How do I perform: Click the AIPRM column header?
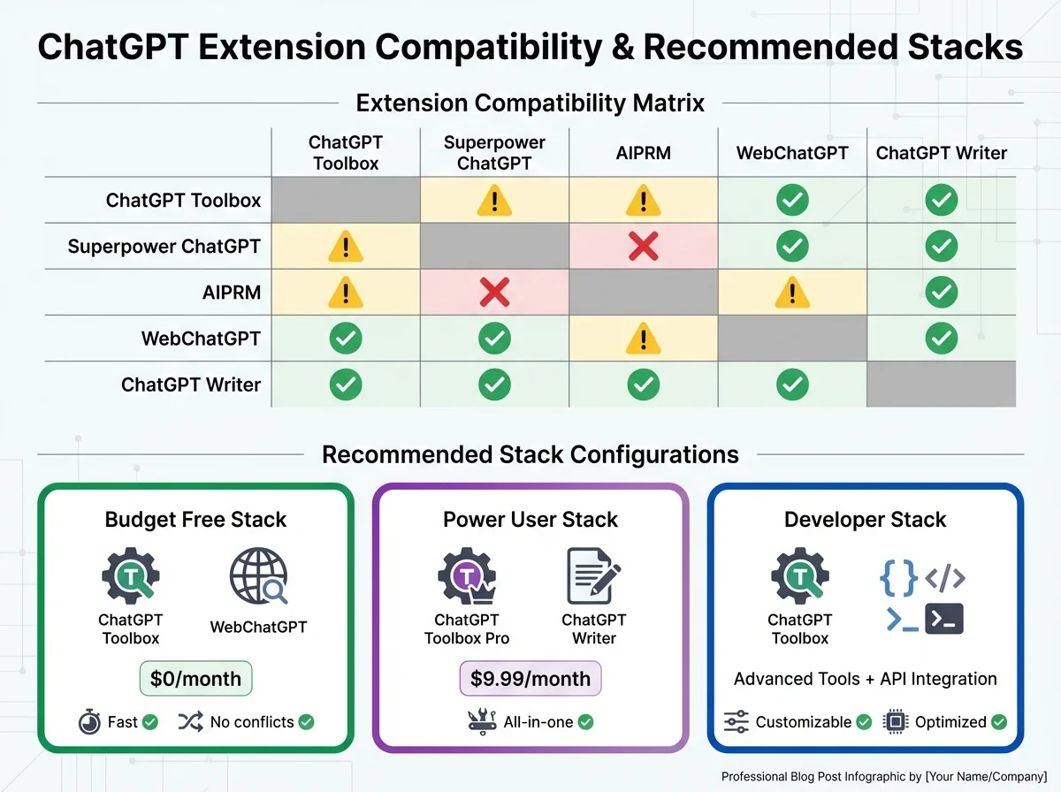pyautogui.click(x=643, y=153)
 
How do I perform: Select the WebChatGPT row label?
pyautogui.click(x=201, y=339)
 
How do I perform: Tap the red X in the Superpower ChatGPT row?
pyautogui.click(x=643, y=247)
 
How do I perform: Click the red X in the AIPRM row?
pyautogui.click(x=494, y=293)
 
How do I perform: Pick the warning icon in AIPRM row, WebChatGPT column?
pyautogui.click(x=792, y=293)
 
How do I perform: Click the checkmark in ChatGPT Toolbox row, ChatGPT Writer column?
pyautogui.click(x=941, y=201)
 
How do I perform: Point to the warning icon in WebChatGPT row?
pyautogui.click(x=643, y=339)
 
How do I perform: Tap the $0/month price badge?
pyautogui.click(x=195, y=679)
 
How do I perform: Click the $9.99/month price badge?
pyautogui.click(x=530, y=679)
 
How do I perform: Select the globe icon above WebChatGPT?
pyautogui.click(x=258, y=577)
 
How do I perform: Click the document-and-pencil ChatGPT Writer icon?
pyautogui.click(x=593, y=575)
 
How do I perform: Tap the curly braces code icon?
pyautogui.click(x=898, y=579)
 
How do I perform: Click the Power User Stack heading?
pyautogui.click(x=530, y=520)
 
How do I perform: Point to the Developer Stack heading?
pyautogui.click(x=865, y=520)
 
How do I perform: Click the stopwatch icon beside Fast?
pyautogui.click(x=89, y=722)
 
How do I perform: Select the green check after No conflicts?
pyautogui.click(x=306, y=722)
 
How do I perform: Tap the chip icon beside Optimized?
pyautogui.click(x=896, y=722)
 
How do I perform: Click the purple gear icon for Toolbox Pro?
pyautogui.click(x=465, y=577)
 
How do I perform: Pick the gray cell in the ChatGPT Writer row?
pyautogui.click(x=941, y=385)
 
